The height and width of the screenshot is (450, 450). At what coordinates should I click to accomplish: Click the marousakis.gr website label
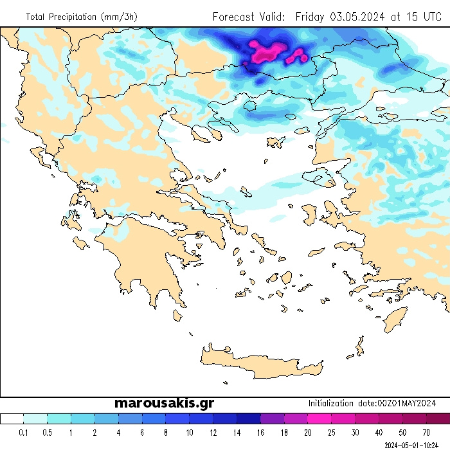(x=164, y=403)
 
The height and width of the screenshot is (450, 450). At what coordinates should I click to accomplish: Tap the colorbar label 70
(x=426, y=433)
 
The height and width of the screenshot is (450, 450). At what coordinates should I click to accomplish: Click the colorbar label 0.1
(x=24, y=433)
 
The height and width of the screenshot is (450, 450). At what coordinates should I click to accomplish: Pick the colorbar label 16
(x=260, y=433)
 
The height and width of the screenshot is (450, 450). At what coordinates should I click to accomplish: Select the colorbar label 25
(x=332, y=433)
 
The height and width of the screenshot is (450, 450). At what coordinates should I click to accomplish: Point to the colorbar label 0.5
(x=48, y=433)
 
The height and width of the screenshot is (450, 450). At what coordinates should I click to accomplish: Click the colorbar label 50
(x=402, y=433)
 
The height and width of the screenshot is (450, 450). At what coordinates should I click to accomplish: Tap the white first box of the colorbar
(x=12, y=419)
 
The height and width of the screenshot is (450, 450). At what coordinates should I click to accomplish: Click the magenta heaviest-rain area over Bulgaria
(x=267, y=51)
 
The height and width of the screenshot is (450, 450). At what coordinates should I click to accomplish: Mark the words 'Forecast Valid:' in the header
(x=249, y=17)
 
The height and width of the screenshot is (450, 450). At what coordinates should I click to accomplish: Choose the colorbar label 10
(x=190, y=433)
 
